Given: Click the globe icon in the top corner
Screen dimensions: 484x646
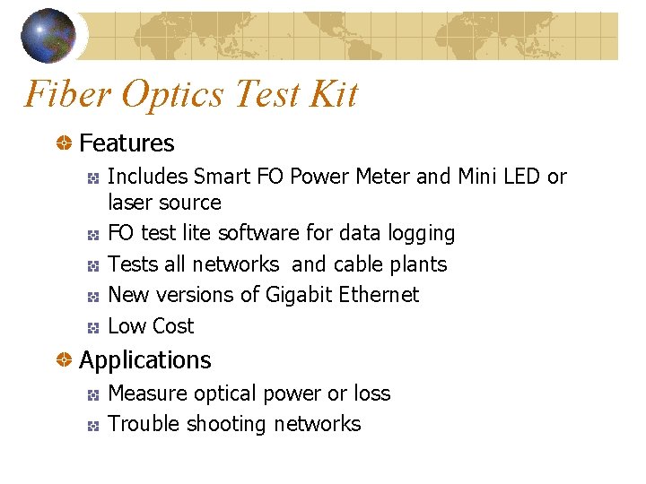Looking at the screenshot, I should [48, 35].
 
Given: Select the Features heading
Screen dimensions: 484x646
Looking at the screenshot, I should [127, 143].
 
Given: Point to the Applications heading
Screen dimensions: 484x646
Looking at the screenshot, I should [145, 360].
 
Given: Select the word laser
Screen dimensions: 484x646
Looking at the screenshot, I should [130, 203].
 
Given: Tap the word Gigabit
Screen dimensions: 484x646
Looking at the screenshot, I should [300, 295].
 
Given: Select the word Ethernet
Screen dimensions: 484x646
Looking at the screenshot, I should [380, 295].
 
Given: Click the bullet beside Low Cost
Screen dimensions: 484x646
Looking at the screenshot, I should [92, 327].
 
